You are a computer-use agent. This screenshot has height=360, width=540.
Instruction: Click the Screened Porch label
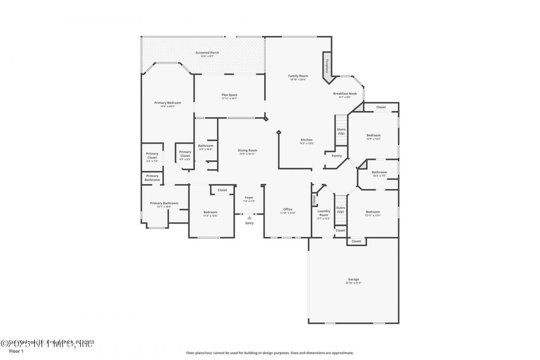click(x=207, y=53)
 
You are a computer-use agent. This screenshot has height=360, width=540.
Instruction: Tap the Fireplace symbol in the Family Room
click(x=327, y=65)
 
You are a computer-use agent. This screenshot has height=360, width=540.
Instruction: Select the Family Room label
click(x=298, y=76)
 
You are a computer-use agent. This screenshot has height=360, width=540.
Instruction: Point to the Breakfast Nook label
click(x=345, y=93)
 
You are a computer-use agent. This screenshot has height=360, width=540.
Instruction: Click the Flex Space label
click(x=229, y=95)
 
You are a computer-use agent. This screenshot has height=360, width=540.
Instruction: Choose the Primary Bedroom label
click(x=167, y=103)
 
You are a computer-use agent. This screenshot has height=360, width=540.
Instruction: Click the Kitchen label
click(x=306, y=140)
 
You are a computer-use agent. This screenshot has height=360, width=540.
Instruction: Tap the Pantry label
click(x=337, y=156)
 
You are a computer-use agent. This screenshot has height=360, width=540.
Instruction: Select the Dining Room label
click(x=247, y=150)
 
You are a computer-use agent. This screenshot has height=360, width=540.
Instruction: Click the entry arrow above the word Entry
click(x=249, y=218)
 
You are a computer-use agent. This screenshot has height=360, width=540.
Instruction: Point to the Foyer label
click(x=249, y=198)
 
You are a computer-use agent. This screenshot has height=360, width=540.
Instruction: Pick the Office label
click(x=288, y=209)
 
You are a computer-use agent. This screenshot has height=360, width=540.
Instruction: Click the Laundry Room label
click(x=324, y=213)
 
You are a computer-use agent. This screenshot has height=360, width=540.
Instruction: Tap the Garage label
click(x=354, y=279)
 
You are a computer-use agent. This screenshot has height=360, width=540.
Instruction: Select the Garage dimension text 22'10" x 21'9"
click(x=354, y=283)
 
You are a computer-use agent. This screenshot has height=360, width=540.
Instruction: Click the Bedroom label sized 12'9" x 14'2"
click(x=373, y=135)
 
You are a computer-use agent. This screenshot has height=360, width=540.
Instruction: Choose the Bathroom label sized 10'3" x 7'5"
click(x=379, y=172)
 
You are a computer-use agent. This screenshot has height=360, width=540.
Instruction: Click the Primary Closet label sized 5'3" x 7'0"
click(x=152, y=155)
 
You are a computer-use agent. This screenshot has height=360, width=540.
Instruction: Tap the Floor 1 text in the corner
click(x=16, y=351)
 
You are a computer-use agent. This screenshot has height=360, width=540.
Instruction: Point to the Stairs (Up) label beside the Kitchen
click(x=341, y=131)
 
